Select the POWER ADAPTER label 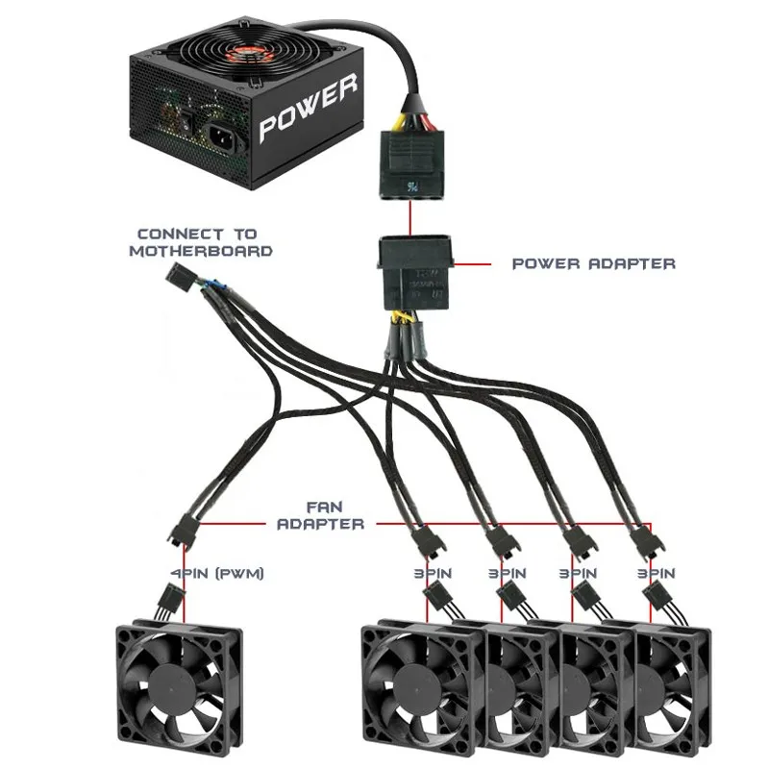tap(593, 262)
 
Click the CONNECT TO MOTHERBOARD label tap(205, 241)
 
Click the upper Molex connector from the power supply tap(414, 163)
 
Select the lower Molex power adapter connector tap(414, 274)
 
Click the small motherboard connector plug tap(180, 279)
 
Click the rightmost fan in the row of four tap(673, 687)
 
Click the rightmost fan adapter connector tap(643, 543)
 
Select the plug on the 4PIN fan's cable tap(165, 604)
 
